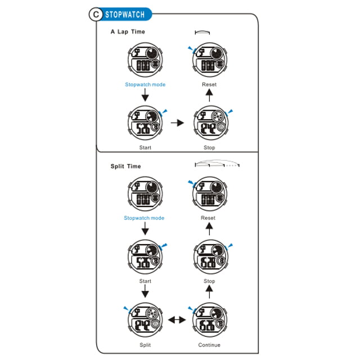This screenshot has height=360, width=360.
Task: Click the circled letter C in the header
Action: point(96,15)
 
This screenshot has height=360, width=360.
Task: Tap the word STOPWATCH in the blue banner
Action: point(125,15)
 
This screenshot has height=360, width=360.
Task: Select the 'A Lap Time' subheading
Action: point(128,31)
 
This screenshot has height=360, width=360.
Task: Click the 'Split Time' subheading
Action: point(125,166)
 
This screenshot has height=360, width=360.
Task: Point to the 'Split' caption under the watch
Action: point(145,345)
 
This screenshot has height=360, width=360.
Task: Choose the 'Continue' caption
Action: point(209,345)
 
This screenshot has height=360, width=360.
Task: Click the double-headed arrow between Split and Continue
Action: point(177,319)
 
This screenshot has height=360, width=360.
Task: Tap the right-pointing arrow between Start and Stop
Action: point(177,123)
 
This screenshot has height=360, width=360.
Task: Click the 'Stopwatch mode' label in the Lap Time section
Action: point(145,84)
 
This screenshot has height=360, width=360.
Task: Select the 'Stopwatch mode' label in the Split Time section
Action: point(144,218)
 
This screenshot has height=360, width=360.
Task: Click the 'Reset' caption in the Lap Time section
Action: point(209,84)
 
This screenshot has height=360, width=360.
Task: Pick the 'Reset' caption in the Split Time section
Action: point(208,218)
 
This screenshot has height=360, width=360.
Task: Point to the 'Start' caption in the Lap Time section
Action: point(145,147)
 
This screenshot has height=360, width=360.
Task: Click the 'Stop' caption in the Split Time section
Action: point(209,281)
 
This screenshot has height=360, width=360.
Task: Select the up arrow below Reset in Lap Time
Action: point(209,95)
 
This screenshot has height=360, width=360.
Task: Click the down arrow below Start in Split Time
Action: point(145,291)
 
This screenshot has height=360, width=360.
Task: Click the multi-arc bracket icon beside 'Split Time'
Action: point(217,162)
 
